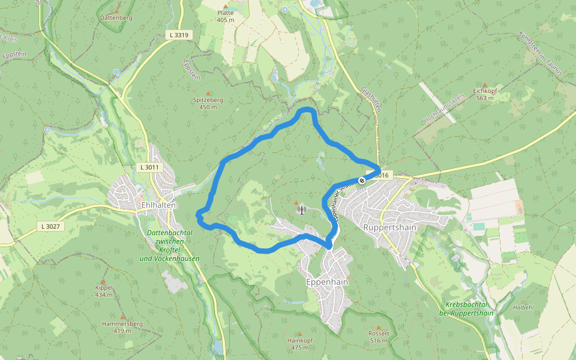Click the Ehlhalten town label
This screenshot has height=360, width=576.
pos(158,205)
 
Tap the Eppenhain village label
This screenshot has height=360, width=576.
pos(327,282)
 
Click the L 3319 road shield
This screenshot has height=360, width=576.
pos(179,35)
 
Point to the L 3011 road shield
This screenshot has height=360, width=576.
pos(150,167)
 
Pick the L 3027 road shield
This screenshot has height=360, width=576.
pos(50,226)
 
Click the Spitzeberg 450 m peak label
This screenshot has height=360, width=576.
pos(208,103)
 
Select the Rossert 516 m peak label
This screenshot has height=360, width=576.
pos(379,337)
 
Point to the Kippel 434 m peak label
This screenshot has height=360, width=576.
pos(104,291)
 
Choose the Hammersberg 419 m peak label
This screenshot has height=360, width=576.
pos(122,327)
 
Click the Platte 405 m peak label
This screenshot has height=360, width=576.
pos(226,16)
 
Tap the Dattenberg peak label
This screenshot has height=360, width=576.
pos(116,18)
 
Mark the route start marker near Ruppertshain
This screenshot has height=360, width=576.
pos(362,181)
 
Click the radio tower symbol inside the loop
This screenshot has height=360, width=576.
pos(301,209)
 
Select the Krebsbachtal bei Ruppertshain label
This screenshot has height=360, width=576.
pos(469,308)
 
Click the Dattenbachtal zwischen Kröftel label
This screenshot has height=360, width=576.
pos(169,245)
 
